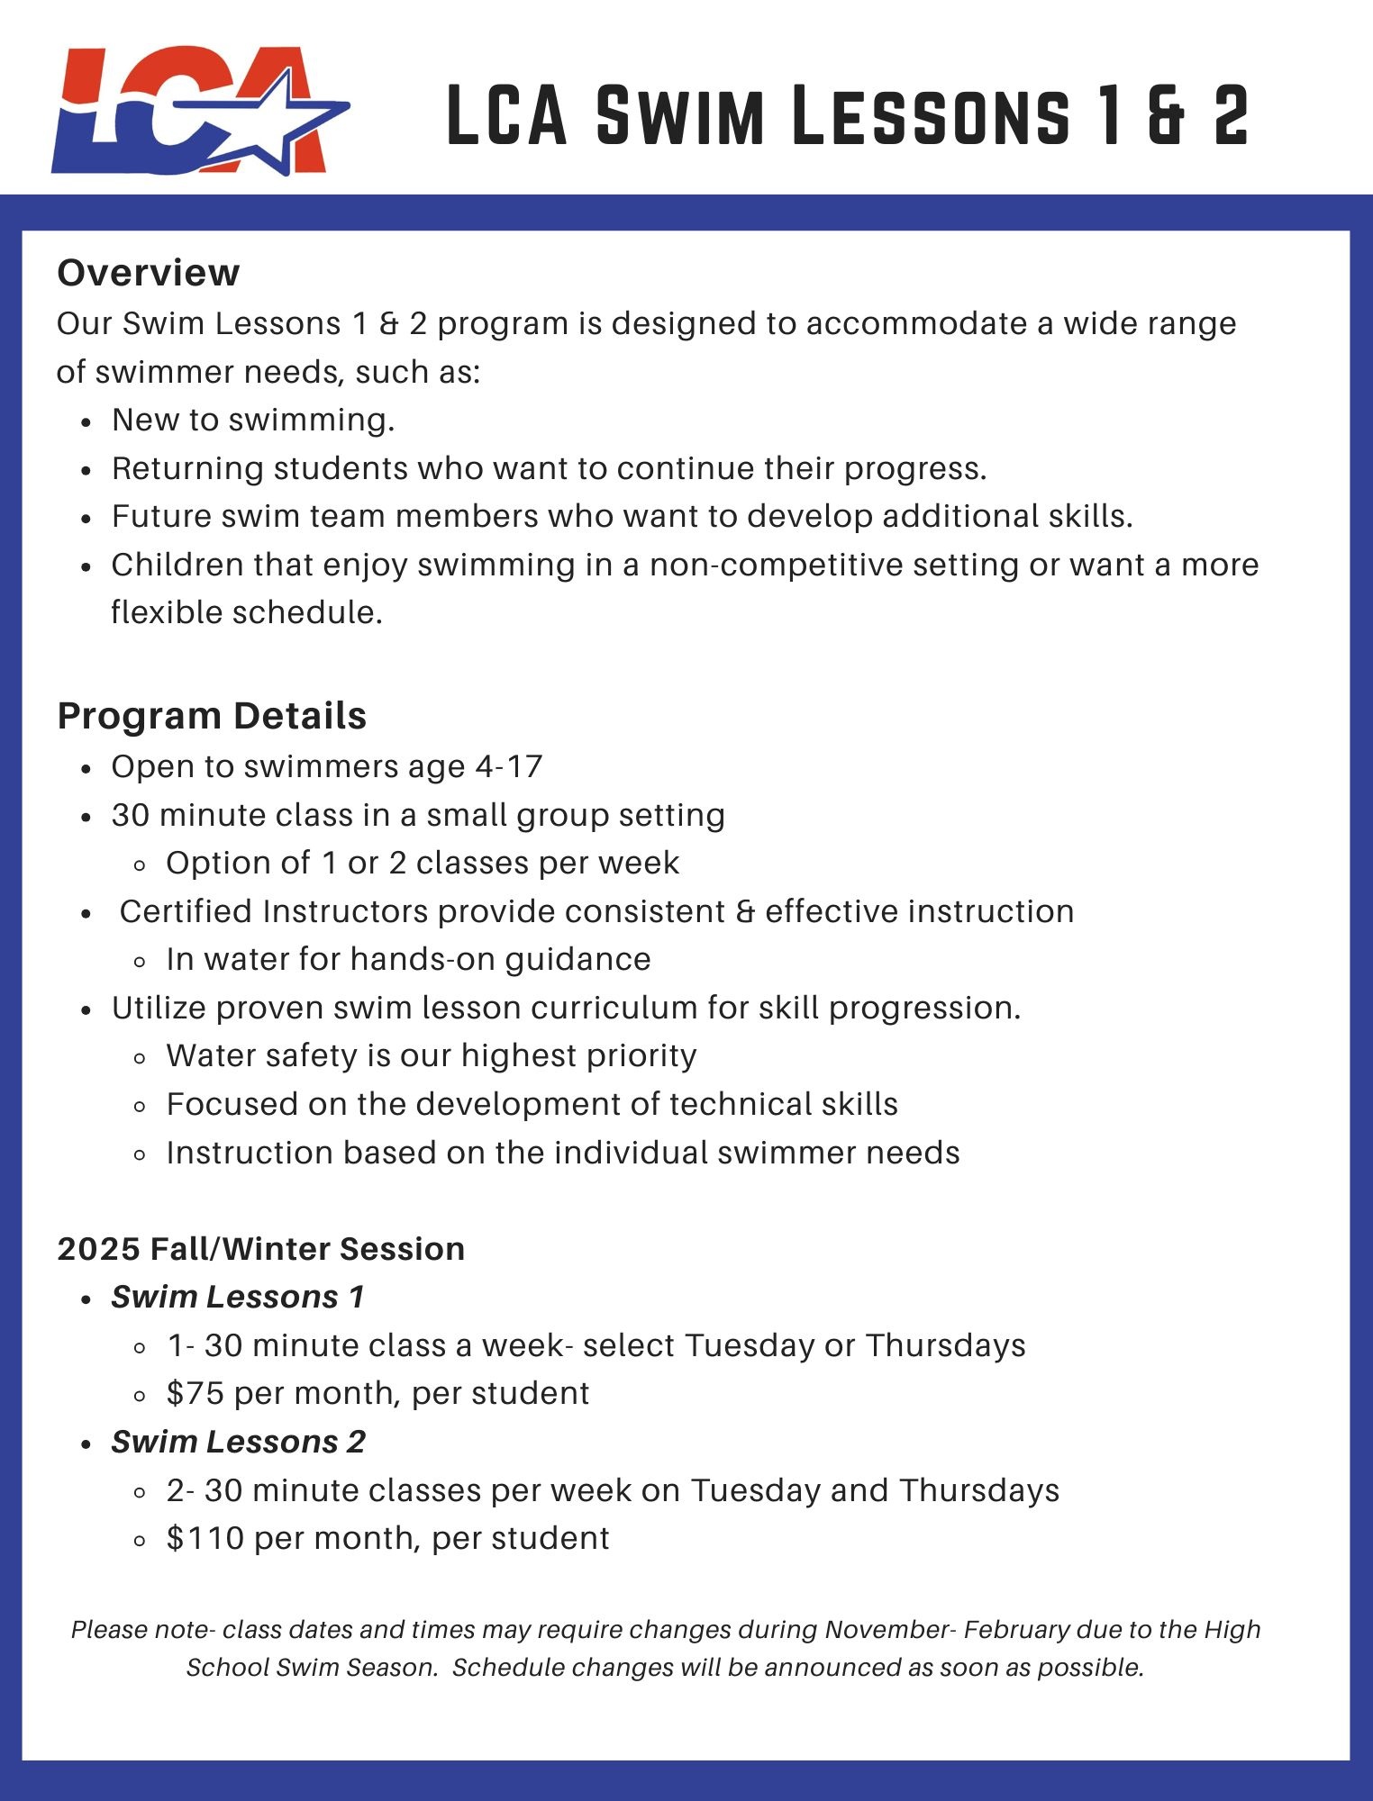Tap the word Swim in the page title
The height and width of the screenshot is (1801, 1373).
point(680,115)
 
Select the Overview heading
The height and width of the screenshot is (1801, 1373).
point(149,273)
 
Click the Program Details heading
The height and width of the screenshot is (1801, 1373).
point(212,716)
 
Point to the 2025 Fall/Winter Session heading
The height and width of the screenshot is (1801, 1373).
point(260,1249)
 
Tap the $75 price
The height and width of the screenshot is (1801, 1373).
point(195,1393)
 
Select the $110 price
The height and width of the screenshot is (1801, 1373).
point(205,1538)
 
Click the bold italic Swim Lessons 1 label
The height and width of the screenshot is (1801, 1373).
point(238,1297)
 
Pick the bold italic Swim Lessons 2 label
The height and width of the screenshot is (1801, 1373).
point(238,1442)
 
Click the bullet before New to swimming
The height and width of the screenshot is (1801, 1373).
point(86,421)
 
